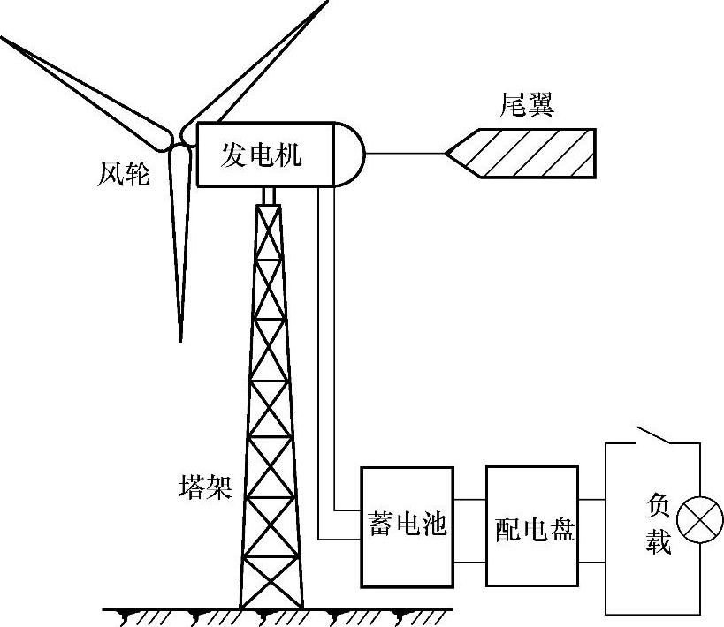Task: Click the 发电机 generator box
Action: tap(262, 155)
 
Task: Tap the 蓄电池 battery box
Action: tap(407, 525)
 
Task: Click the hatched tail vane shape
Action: tap(530, 153)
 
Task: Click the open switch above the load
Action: tap(655, 436)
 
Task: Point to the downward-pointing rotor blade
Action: tap(180, 238)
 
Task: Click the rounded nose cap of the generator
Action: tap(350, 155)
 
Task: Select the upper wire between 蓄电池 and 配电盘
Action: tap(469, 500)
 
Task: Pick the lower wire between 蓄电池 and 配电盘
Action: tap(469, 561)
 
